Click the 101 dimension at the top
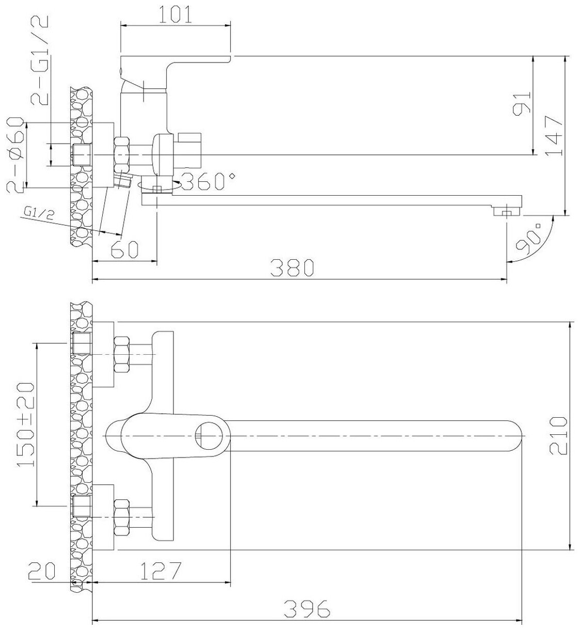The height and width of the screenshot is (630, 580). pyautogui.click(x=175, y=14)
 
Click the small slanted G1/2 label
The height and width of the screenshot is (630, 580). pyautogui.click(x=38, y=213)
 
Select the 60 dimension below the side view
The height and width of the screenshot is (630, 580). pyautogui.click(x=124, y=249)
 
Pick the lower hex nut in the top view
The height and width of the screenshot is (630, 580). pyautogui.click(x=122, y=517)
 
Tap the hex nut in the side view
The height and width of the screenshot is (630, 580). pyautogui.click(x=122, y=154)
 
